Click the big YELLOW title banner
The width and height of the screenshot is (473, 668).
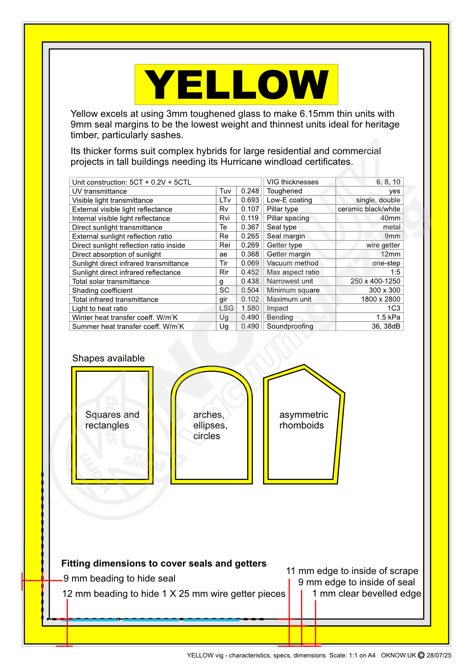coord(236,84)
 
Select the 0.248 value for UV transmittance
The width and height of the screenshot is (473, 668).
coord(250,191)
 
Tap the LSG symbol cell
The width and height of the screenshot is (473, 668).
coord(226,308)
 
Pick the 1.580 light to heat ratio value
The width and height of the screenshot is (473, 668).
coord(250,308)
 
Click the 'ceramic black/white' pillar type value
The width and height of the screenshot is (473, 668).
coord(369,209)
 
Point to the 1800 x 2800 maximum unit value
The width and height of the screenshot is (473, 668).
coord(380,299)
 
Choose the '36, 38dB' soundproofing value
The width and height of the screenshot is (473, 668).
coord(385,326)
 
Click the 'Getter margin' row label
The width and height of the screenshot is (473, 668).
coord(288,254)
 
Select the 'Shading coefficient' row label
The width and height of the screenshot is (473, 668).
coord(102,290)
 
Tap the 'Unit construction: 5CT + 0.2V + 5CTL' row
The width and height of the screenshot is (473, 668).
coord(132,182)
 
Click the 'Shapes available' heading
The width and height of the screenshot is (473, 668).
coord(108,358)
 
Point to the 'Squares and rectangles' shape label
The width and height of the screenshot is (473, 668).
coord(112,420)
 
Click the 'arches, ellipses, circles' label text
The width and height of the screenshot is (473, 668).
coord(210,425)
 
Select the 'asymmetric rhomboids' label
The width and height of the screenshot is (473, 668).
coord(303,420)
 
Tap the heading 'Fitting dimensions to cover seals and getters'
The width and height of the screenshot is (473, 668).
coord(164,563)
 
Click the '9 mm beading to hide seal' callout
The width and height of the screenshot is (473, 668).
coord(119,579)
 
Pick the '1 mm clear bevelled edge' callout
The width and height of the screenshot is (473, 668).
coord(366,594)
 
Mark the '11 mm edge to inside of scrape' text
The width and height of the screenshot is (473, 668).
coord(352,571)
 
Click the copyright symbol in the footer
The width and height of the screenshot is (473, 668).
coord(421,655)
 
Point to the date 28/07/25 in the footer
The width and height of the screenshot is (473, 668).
coord(439,655)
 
